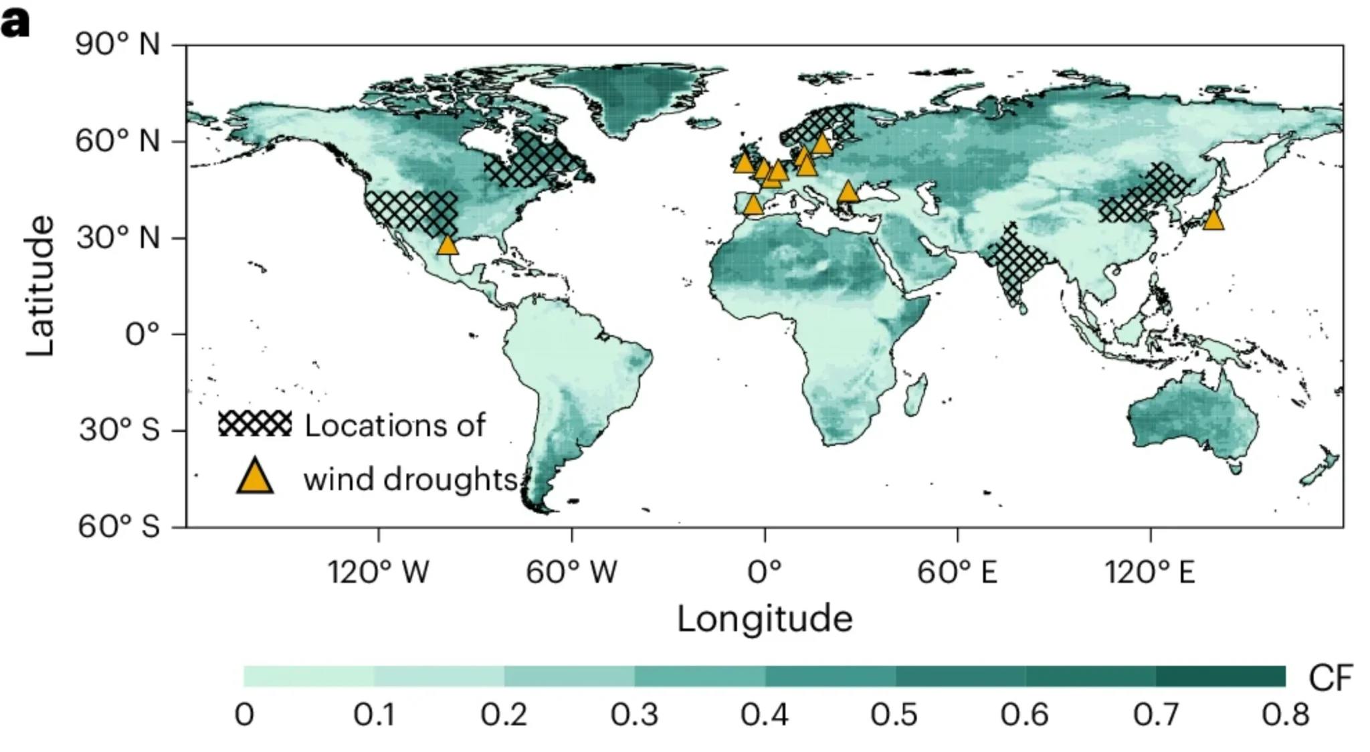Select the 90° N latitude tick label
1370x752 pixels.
click(118, 45)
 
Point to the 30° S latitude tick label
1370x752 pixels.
click(119, 430)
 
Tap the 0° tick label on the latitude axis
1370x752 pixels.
click(142, 333)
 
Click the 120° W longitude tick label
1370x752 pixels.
click(378, 573)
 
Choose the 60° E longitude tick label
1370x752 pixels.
click(957, 573)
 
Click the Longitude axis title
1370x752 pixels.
click(765, 619)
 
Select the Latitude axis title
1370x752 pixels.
click(40, 286)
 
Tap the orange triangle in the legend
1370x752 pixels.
click(255, 476)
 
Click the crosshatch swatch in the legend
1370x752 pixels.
click(255, 424)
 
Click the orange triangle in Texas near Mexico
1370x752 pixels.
click(448, 246)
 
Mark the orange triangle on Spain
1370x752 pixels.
click(753, 205)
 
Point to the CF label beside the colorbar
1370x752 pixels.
click(1330, 678)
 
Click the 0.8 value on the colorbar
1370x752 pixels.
click(1285, 715)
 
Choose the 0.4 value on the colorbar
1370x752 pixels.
click(765, 715)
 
